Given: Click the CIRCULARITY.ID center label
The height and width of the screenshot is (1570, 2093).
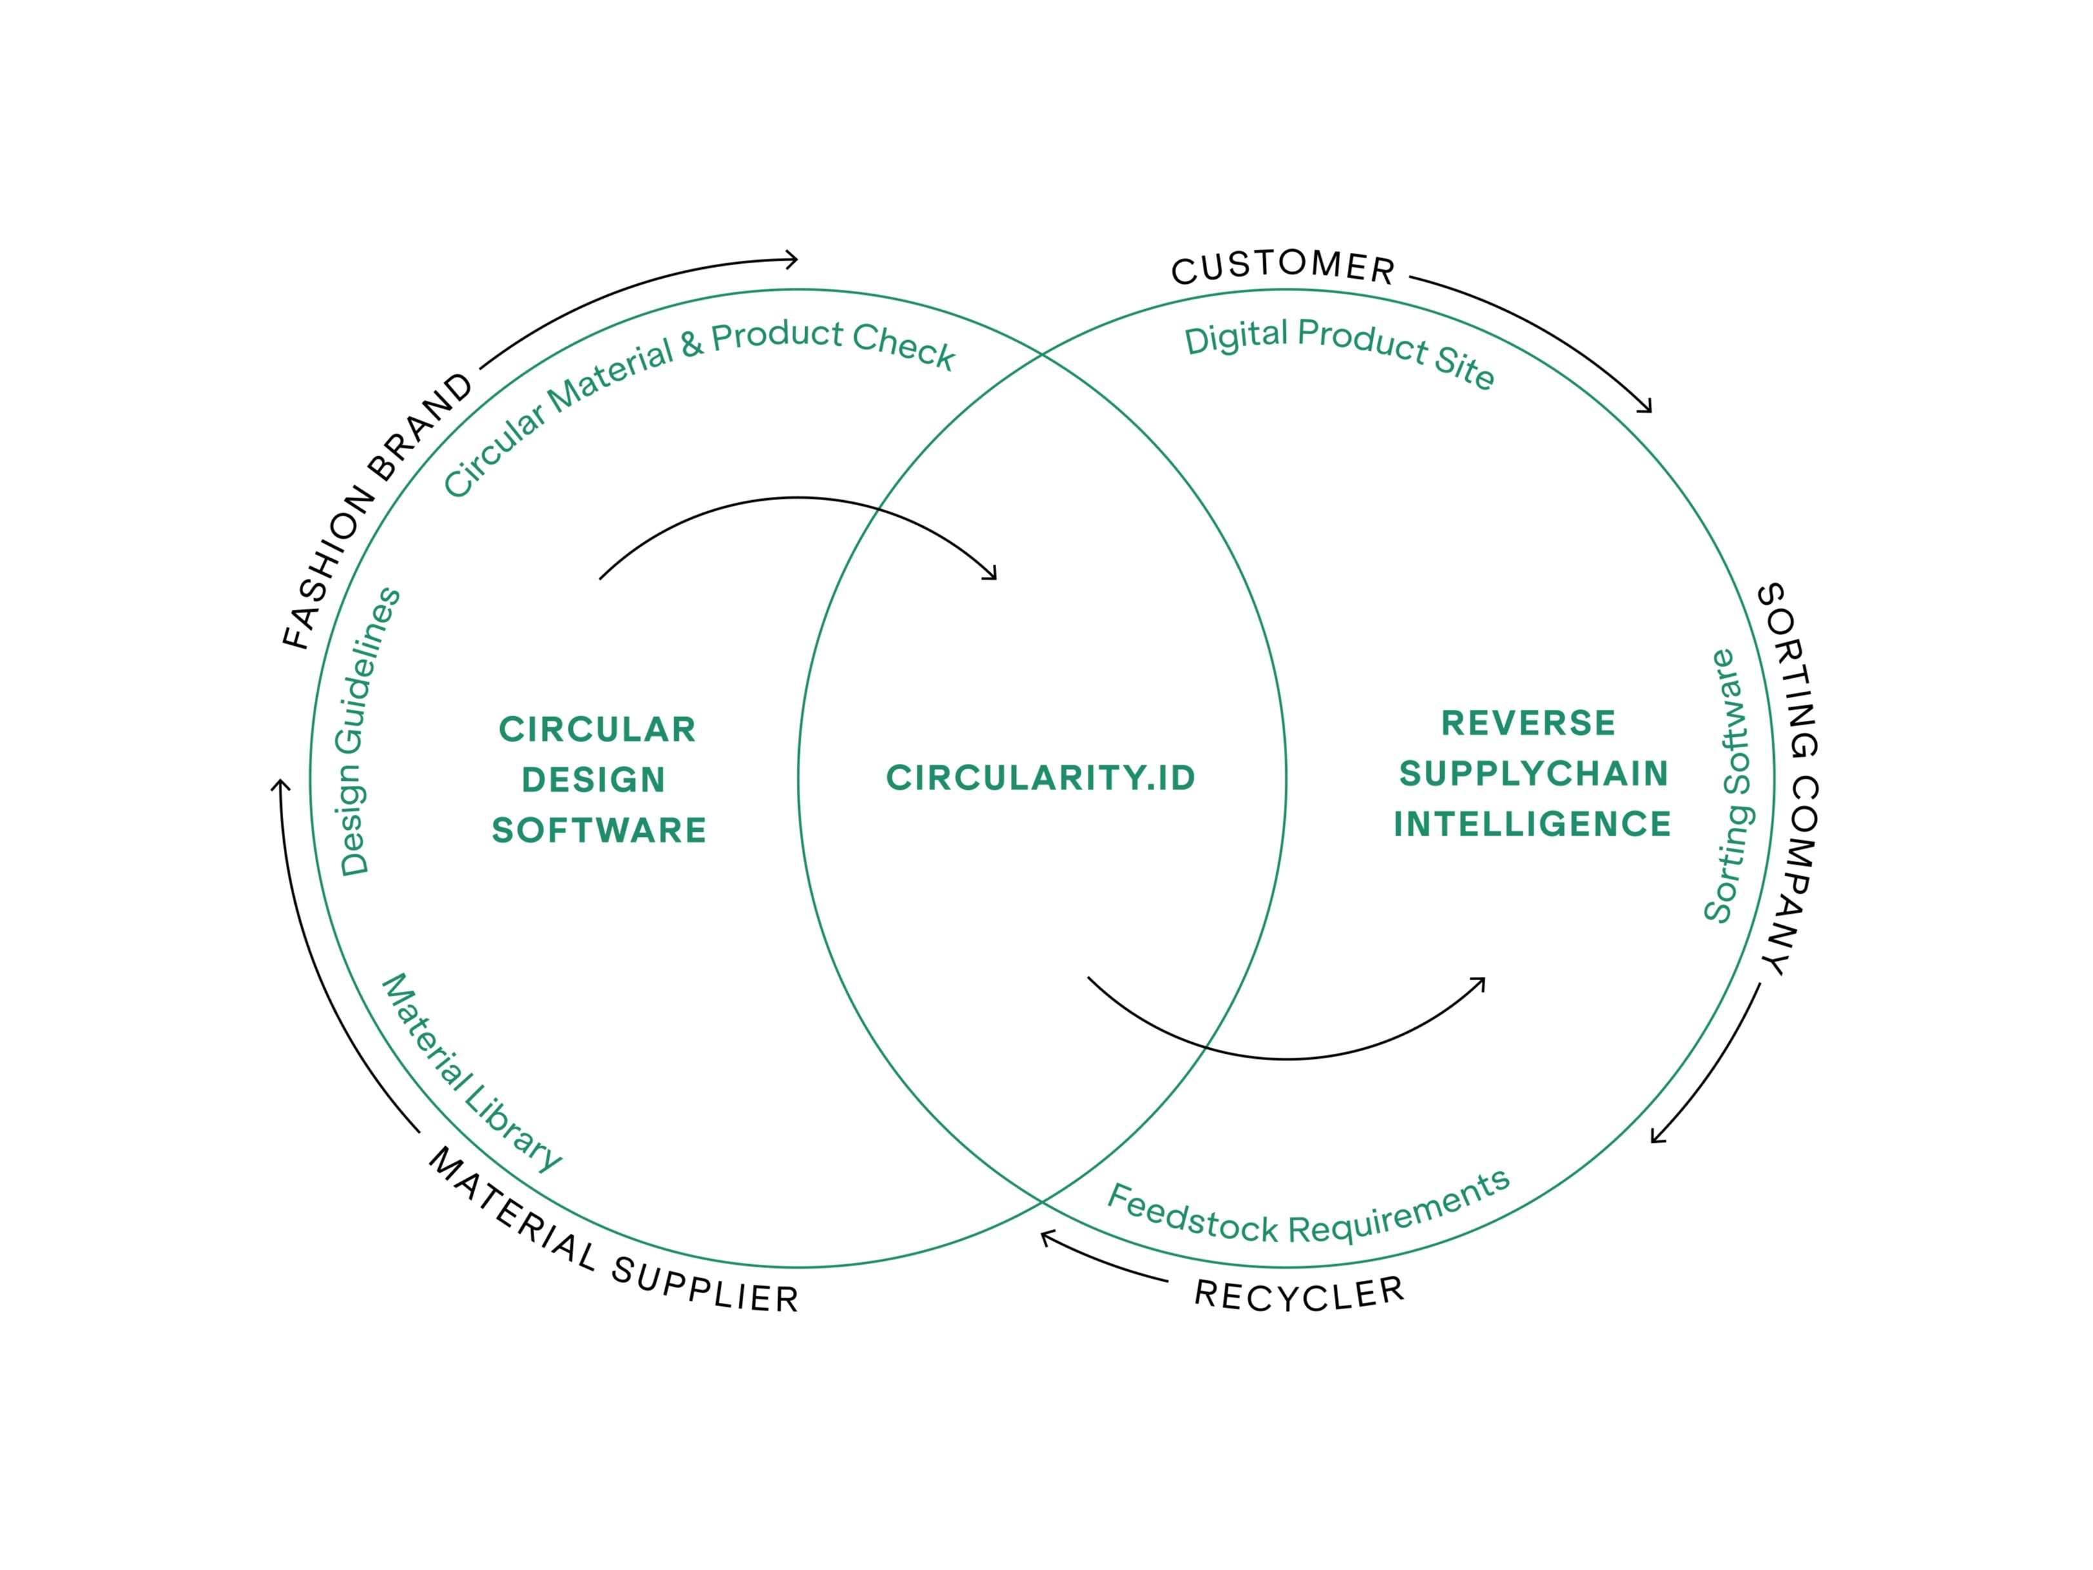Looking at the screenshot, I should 1041,778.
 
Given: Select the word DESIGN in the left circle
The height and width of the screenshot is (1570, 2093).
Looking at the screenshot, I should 594,780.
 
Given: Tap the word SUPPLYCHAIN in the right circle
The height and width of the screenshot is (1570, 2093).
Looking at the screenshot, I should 1533,774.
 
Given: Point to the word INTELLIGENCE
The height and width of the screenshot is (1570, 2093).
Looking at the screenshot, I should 1532,824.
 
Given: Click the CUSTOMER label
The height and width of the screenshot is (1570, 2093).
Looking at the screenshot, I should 1283,268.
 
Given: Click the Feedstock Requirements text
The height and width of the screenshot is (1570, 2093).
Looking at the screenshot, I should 1308,1215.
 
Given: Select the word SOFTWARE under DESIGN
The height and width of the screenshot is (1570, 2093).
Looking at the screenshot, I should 599,830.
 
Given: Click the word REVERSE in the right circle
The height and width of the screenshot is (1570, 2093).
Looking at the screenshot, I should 1528,723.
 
